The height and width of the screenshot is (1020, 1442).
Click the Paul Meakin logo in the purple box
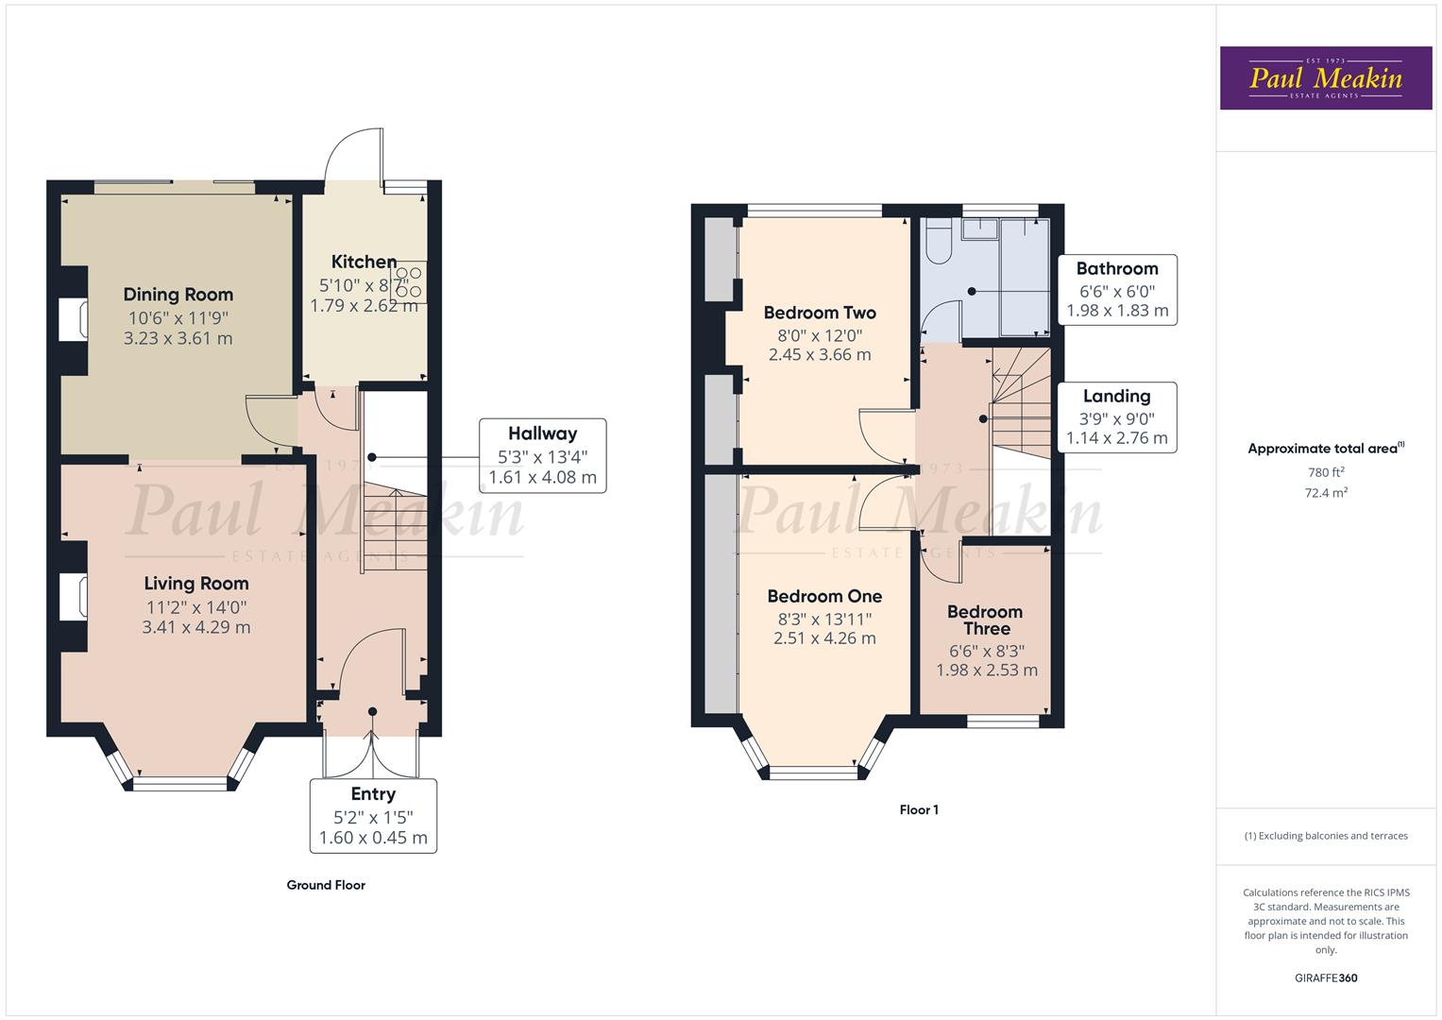[1325, 78]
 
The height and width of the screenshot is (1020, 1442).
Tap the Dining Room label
[178, 295]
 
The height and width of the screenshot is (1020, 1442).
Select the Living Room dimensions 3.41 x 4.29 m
[196, 627]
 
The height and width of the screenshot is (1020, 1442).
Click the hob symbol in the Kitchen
[409, 282]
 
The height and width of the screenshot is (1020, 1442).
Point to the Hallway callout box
[542, 455]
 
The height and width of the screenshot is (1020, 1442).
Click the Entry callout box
[373, 815]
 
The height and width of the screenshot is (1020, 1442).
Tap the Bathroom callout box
[1117, 289]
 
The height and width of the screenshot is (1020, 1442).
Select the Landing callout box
[1117, 416]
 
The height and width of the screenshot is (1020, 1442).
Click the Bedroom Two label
[820, 313]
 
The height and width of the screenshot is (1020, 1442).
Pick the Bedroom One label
[824, 596]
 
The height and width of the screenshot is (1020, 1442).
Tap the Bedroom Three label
[986, 620]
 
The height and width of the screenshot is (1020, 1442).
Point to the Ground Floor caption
[326, 885]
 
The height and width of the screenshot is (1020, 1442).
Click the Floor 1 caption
[919, 809]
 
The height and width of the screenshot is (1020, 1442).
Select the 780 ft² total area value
[1326, 472]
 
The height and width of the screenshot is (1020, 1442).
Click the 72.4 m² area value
[1326, 492]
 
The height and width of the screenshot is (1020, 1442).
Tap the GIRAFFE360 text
[1326, 977]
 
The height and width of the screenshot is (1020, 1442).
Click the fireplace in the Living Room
[75, 597]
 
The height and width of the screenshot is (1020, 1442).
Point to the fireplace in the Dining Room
[75, 319]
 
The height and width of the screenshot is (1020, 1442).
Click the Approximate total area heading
[1326, 449]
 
